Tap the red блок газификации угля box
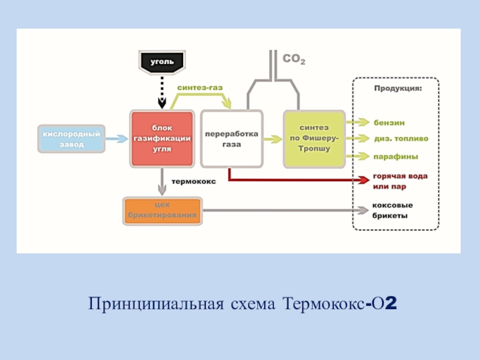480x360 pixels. [162, 138]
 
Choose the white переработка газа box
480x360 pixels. [232, 139]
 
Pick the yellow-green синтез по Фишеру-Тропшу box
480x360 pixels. [314, 139]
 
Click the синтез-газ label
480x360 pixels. [200, 88]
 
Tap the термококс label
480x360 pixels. [194, 179]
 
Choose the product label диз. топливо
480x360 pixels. [401, 139]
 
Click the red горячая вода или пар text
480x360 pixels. [400, 181]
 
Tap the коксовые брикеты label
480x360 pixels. [393, 210]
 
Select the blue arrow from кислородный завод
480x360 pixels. [117, 138]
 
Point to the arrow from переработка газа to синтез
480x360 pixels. [272, 139]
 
